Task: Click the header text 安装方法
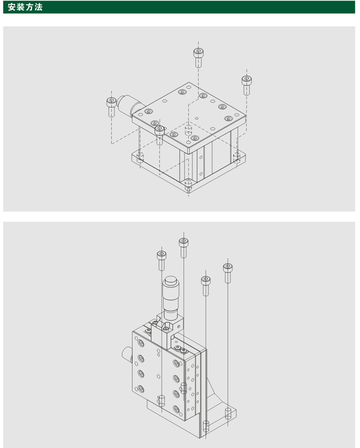tap(25, 7)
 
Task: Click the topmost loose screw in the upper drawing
tap(199, 57)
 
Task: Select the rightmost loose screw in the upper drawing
tap(247, 85)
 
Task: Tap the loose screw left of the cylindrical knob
tap(112, 107)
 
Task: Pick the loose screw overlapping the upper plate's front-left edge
tap(160, 135)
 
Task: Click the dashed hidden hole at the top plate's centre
tap(188, 130)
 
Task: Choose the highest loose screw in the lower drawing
tap(184, 248)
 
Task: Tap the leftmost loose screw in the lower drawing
tap(161, 261)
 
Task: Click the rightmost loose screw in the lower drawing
tap(228, 273)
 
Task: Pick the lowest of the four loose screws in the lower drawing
tap(206, 286)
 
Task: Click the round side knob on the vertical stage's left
tap(128, 355)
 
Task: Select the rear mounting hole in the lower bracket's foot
tap(228, 414)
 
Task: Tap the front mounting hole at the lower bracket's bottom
tap(206, 426)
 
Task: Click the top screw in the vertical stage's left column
tap(141, 343)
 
